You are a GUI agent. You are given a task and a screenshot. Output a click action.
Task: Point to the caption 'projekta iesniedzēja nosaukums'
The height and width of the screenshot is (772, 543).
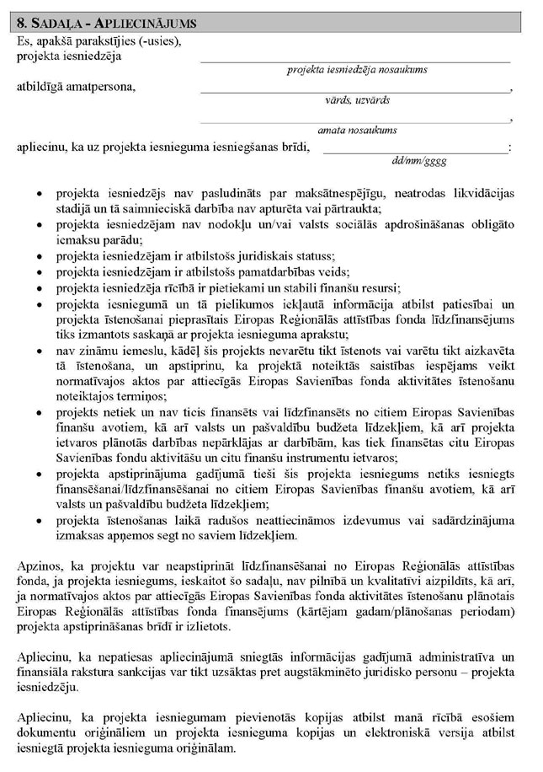coord(356,70)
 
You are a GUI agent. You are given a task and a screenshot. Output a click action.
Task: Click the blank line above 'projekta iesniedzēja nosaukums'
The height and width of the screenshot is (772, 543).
coord(355,62)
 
